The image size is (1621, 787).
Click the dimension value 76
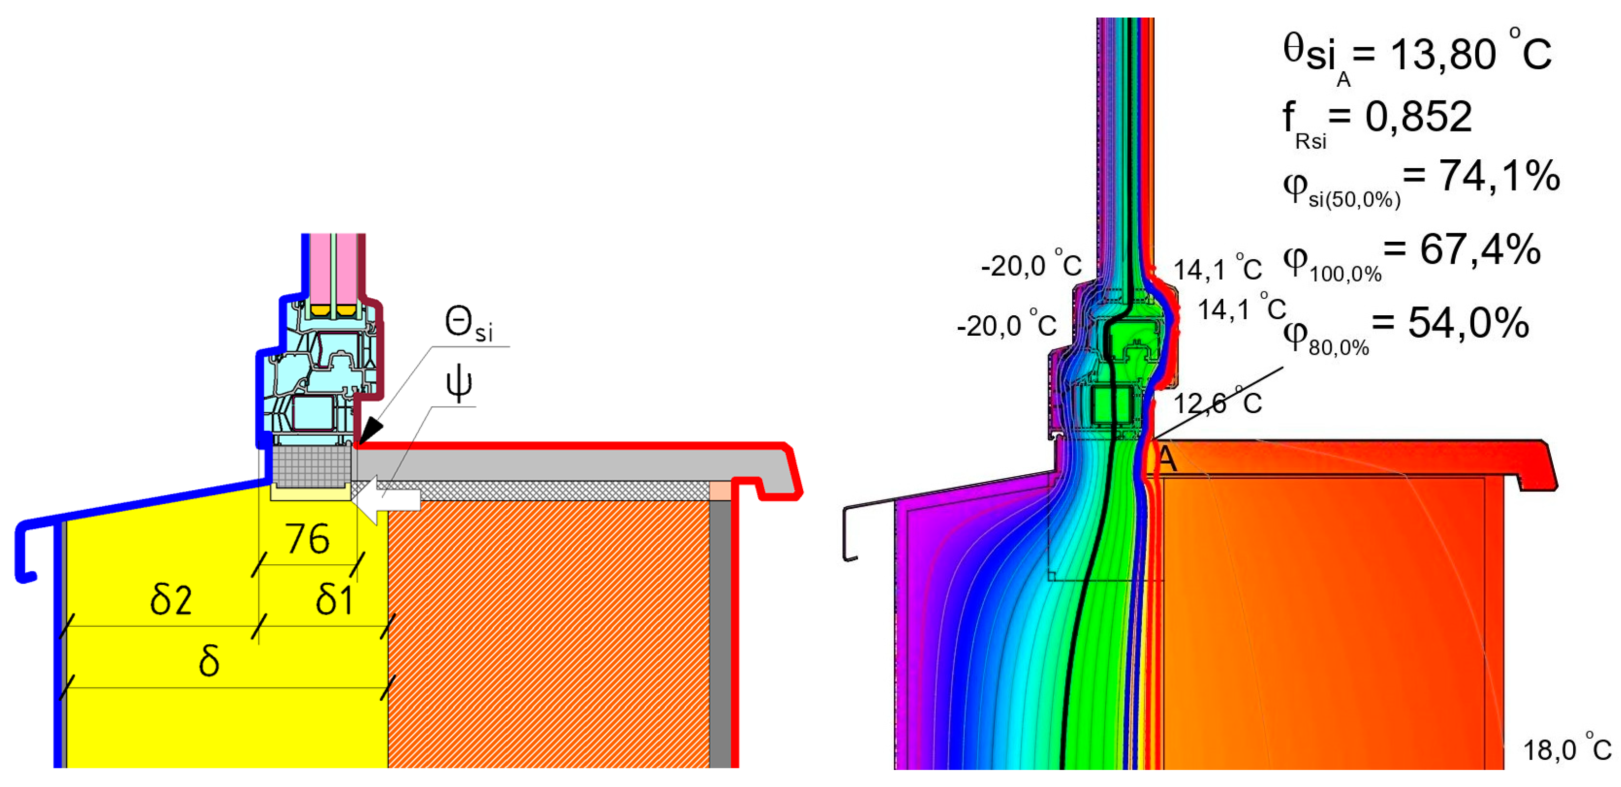[x=307, y=539]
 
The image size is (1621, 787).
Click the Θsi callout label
[x=468, y=325]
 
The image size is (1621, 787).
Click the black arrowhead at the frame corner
[x=369, y=431]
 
